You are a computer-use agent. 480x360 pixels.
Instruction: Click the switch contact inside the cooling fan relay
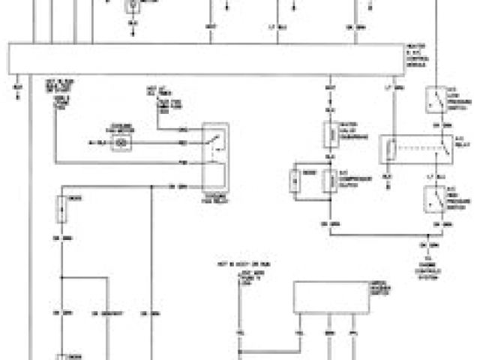click(217, 139)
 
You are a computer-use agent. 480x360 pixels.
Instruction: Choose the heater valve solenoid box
click(329, 135)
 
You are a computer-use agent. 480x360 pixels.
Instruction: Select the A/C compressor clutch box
click(329, 180)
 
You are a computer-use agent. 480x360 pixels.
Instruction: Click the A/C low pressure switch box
click(435, 98)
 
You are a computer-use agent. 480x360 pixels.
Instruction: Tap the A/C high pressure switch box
click(435, 197)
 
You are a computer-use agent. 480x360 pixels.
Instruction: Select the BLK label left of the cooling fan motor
click(93, 141)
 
